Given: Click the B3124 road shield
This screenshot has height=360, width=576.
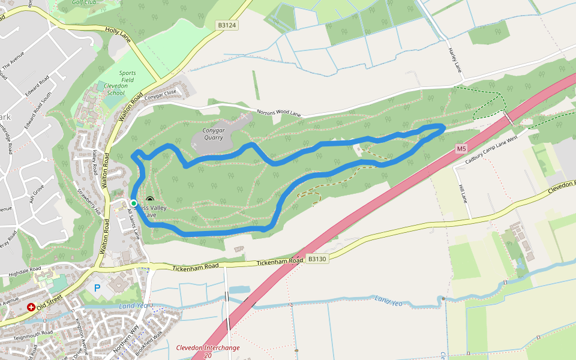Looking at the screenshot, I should tap(227, 25).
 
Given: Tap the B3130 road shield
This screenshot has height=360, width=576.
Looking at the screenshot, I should tap(317, 259).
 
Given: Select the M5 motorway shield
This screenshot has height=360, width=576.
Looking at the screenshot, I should tap(461, 148).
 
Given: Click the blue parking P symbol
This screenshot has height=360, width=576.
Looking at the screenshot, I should tap(97, 288).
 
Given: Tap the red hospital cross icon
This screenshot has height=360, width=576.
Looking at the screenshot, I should tap(31, 307).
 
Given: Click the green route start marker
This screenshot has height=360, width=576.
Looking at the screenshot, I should tap(133, 203).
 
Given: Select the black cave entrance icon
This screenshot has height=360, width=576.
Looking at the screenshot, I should tap(149, 200).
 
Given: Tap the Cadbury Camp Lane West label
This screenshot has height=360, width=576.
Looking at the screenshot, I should tap(491, 145).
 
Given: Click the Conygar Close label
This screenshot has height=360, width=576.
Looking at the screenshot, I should tap(161, 93).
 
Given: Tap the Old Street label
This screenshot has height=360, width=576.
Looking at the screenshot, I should tap(49, 301).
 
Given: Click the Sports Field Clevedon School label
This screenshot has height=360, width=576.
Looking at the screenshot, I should tap(123, 82).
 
